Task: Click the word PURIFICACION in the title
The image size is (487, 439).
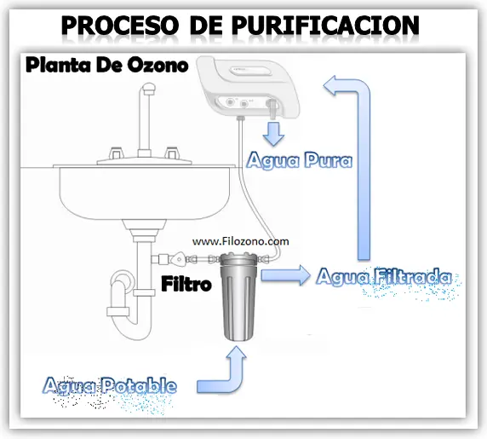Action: point(325,25)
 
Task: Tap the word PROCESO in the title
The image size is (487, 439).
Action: point(120,25)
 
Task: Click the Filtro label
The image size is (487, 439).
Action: point(186,284)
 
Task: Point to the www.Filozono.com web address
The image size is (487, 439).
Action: point(241,241)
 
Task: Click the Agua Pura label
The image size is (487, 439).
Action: point(300,161)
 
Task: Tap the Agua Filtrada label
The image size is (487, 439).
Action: point(384,276)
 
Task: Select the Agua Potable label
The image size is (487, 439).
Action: point(110,386)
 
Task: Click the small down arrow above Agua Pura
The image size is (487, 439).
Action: point(273,134)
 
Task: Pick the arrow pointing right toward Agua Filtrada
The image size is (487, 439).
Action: point(286,275)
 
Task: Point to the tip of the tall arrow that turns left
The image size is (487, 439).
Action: point(324,84)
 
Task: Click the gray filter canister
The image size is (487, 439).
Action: point(238,299)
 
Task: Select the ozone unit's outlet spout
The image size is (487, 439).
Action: point(272,109)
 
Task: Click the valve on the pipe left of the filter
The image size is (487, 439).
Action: point(179,258)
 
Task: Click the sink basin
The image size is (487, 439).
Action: point(145,193)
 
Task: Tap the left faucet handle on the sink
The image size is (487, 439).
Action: point(117,153)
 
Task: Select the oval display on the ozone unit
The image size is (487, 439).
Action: point(250,71)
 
